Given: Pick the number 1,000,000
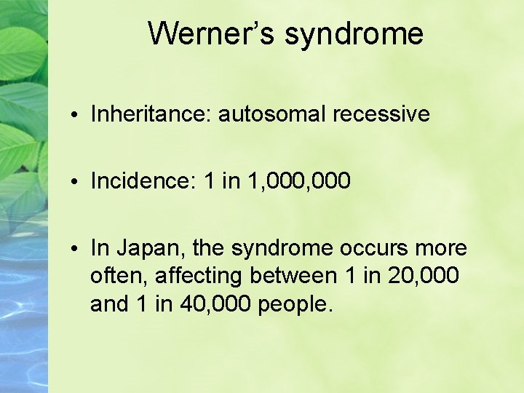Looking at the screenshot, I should click(301, 181).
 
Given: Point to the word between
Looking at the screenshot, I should click(292, 277).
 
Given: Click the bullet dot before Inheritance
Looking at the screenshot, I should click(76, 115).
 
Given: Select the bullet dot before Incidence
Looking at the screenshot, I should click(76, 182).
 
